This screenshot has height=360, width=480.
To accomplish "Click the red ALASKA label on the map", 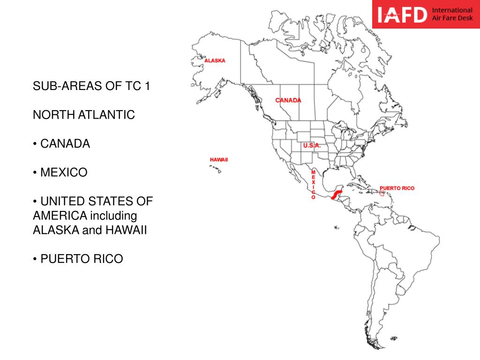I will pyautogui.click(x=215, y=60).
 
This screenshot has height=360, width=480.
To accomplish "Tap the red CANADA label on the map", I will pyautogui.click(x=288, y=100).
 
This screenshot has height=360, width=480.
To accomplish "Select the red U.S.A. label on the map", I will pyautogui.click(x=312, y=146).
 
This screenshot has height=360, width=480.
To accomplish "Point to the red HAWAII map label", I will pyautogui.click(x=219, y=160).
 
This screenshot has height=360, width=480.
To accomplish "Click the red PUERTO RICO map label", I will pyautogui.click(x=397, y=188).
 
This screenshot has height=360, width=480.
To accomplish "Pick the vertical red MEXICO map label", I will pyautogui.click(x=313, y=185).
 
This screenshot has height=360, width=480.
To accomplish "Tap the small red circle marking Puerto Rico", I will pyautogui.click(x=382, y=193).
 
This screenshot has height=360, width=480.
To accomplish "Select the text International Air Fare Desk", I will pyautogui.click(x=452, y=14).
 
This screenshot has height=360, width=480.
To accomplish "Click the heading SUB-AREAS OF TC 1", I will pyautogui.click(x=91, y=86).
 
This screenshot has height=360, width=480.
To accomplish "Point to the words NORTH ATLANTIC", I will pyautogui.click(x=84, y=115).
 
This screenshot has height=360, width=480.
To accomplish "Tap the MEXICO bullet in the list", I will pyautogui.click(x=64, y=172).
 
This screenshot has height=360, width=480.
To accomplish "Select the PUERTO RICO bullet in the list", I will pyautogui.click(x=82, y=259).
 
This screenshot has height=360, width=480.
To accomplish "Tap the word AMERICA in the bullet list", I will pyautogui.click(x=60, y=216).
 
